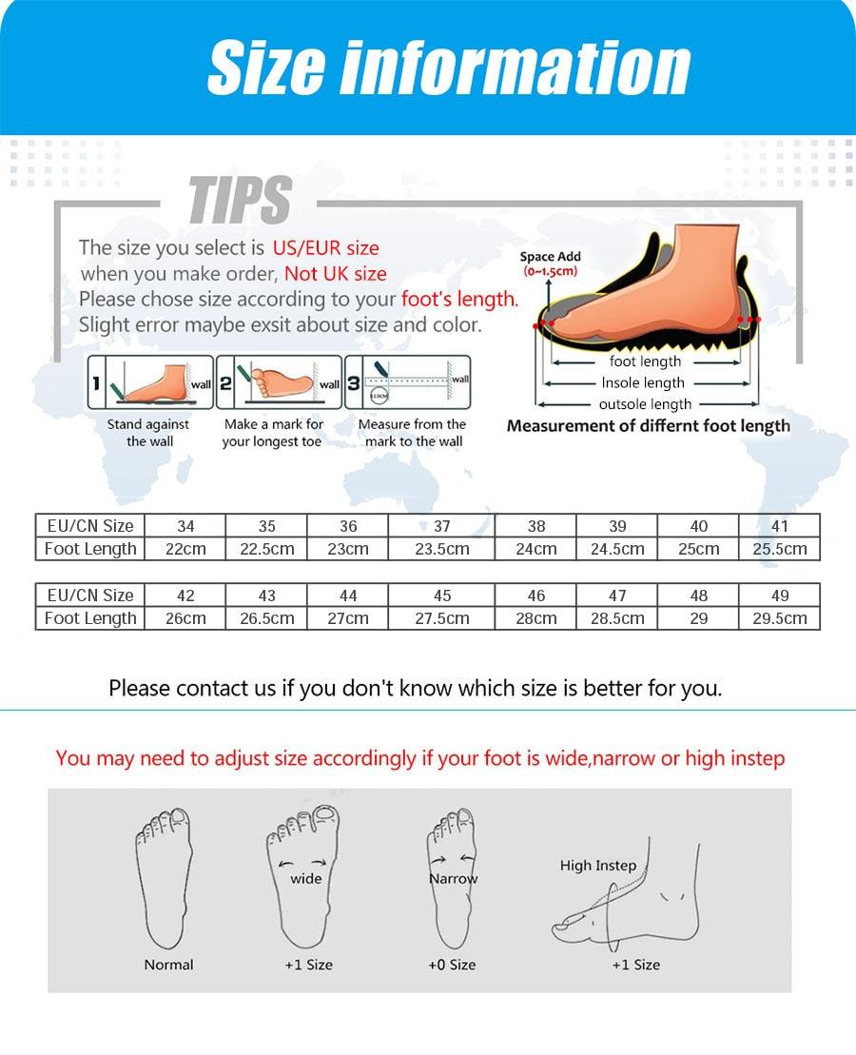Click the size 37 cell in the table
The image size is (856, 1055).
[x=441, y=526]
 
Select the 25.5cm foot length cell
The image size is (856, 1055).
[x=780, y=549]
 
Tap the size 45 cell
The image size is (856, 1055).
[x=441, y=596]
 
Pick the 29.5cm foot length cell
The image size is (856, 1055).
[x=780, y=618]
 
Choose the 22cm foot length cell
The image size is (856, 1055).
[x=185, y=549]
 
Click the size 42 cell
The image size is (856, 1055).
[x=185, y=596]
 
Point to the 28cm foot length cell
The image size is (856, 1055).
[x=536, y=618]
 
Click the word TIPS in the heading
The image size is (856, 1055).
[x=240, y=201]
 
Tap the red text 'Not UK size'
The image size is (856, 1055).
[x=336, y=274]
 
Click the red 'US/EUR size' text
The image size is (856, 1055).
[x=325, y=248]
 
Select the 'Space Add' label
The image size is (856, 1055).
[x=550, y=257]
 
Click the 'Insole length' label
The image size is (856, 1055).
[x=643, y=382]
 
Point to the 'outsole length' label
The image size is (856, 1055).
[x=645, y=404]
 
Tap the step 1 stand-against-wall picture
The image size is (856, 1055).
[x=150, y=383]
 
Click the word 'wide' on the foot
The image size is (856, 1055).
[x=305, y=878]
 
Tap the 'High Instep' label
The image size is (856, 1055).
[x=597, y=865]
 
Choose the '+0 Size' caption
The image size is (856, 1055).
[x=451, y=965]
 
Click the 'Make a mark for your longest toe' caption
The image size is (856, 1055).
[x=273, y=433]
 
